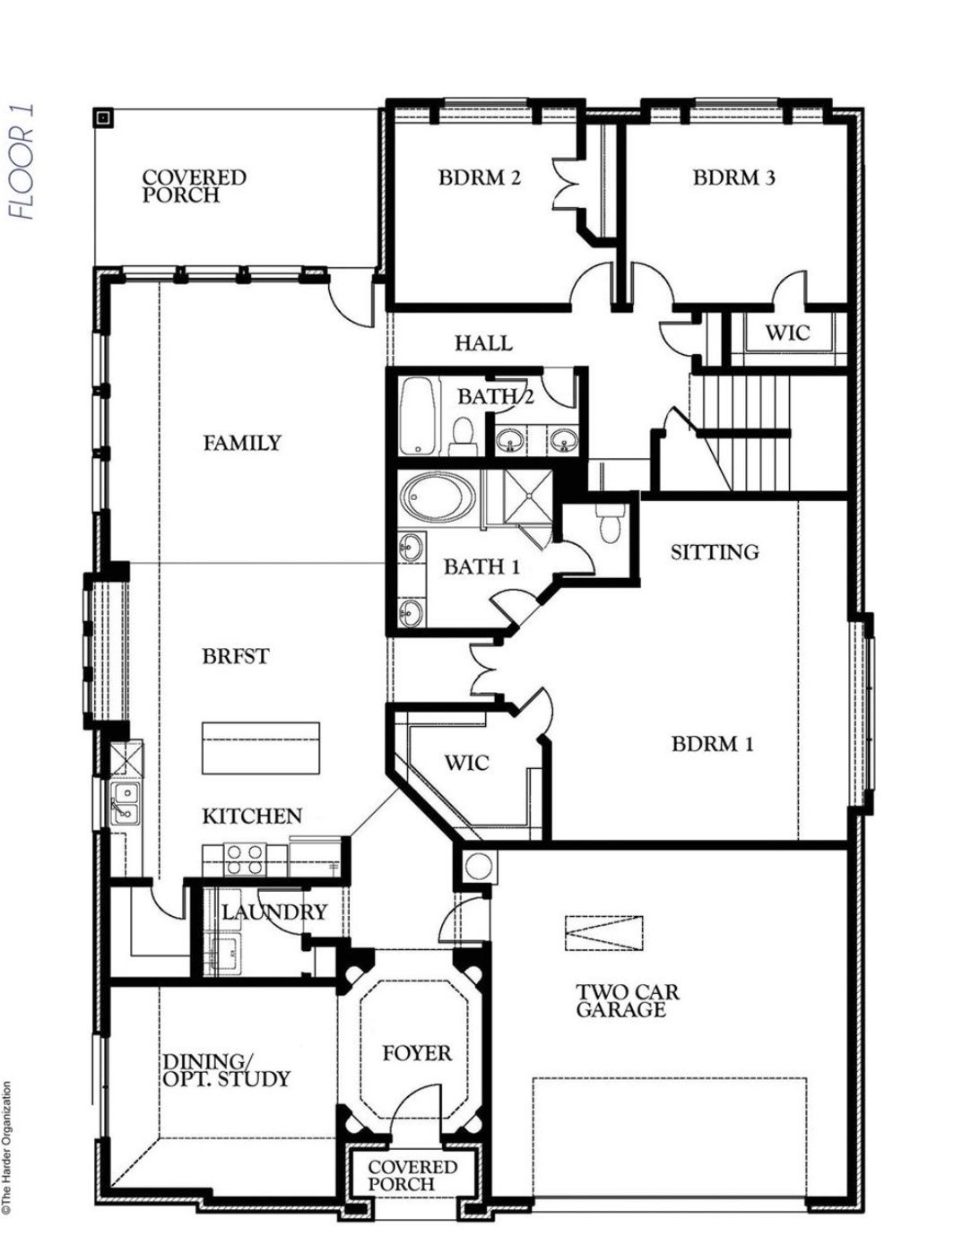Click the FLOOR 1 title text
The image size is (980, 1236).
click(22, 161)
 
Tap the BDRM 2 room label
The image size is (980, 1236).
click(479, 177)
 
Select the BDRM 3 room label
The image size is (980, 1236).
click(733, 177)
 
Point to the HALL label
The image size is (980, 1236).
click(483, 342)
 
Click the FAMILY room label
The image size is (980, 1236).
click(241, 443)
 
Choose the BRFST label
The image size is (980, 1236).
click(235, 656)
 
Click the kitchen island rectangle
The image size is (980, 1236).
click(261, 748)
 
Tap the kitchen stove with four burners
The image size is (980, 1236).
click(245, 859)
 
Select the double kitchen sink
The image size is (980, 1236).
click(126, 803)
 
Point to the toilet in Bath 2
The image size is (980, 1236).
click(463, 434)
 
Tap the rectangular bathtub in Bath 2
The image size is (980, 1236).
click(417, 416)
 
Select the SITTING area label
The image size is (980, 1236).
click(715, 552)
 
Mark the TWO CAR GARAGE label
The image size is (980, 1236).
click(627, 1001)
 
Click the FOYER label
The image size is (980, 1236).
click(417, 1053)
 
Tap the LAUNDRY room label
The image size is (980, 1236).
click(274, 912)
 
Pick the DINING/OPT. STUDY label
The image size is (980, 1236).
click(226, 1070)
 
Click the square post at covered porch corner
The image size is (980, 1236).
click(103, 117)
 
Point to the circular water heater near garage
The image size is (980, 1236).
click(478, 867)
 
